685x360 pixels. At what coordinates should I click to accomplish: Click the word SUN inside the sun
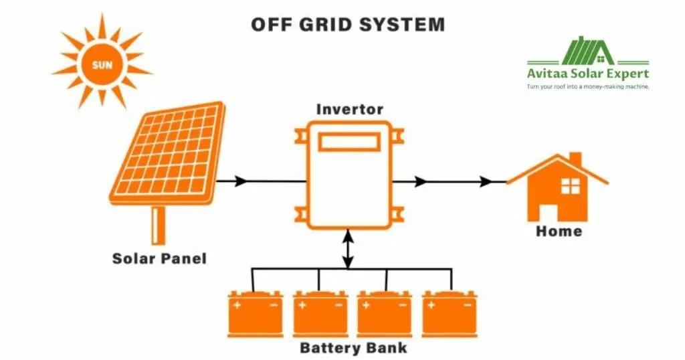[x=102, y=66]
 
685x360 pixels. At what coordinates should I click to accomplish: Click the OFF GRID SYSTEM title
[x=347, y=25]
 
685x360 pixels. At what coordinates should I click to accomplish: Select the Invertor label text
[x=350, y=109]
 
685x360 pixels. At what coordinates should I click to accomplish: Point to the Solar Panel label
[x=159, y=258]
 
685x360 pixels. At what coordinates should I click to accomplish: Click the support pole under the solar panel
[x=159, y=224]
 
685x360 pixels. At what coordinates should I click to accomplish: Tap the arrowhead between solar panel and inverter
[x=241, y=181]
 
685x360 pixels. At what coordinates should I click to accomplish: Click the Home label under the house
[x=559, y=232]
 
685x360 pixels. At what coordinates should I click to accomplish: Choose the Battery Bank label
[x=353, y=348]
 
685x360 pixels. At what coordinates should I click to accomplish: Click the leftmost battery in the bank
[x=255, y=313]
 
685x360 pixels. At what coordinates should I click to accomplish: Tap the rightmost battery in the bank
[x=450, y=313]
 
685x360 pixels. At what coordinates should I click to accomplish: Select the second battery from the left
[x=320, y=313]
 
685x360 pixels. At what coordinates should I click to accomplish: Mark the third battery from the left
[x=385, y=313]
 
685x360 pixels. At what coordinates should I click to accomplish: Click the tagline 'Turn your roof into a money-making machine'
[x=588, y=86]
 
